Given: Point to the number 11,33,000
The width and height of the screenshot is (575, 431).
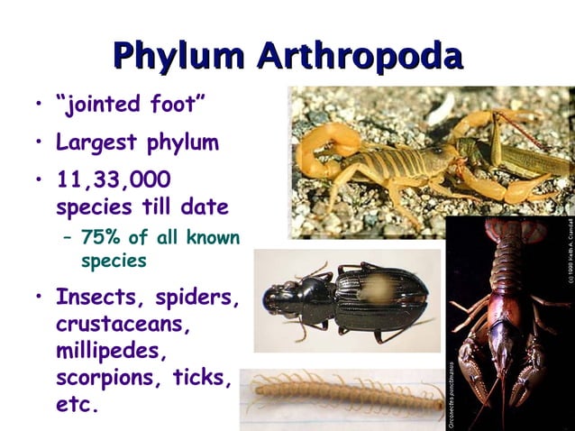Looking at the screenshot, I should coord(113,179).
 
